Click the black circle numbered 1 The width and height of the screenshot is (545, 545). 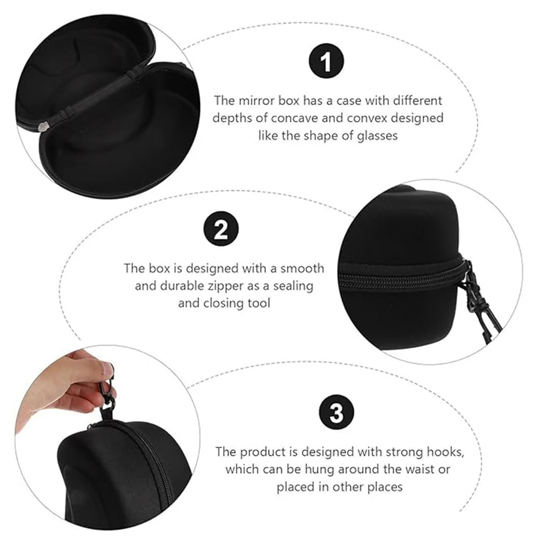[326, 61]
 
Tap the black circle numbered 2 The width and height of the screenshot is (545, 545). [221, 229]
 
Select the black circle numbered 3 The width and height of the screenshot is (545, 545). [336, 412]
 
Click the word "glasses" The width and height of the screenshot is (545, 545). [377, 136]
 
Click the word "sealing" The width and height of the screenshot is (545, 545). [293, 286]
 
